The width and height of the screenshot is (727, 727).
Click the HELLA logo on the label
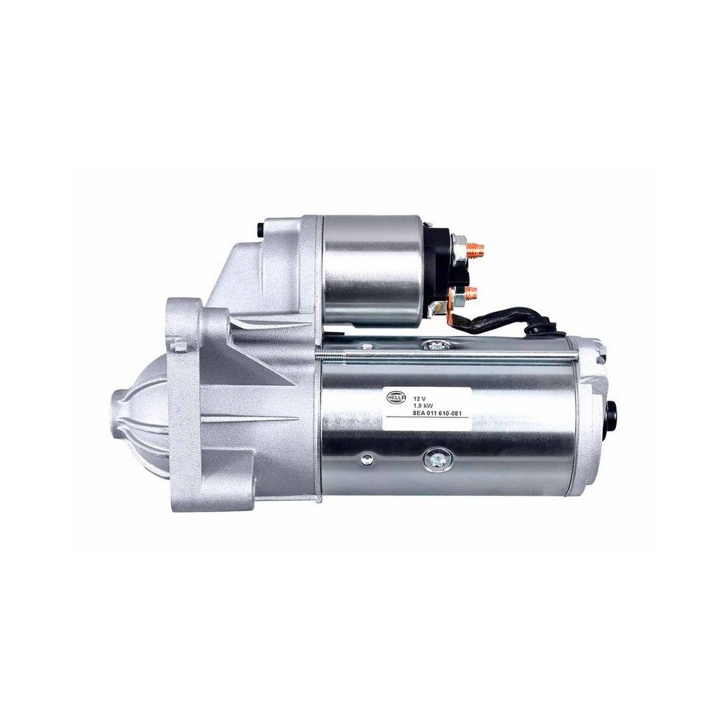pyautogui.click(x=395, y=398)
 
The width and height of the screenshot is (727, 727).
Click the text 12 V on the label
pyautogui.click(x=419, y=398)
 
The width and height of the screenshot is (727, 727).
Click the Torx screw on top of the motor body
pyautogui.click(x=435, y=344)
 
